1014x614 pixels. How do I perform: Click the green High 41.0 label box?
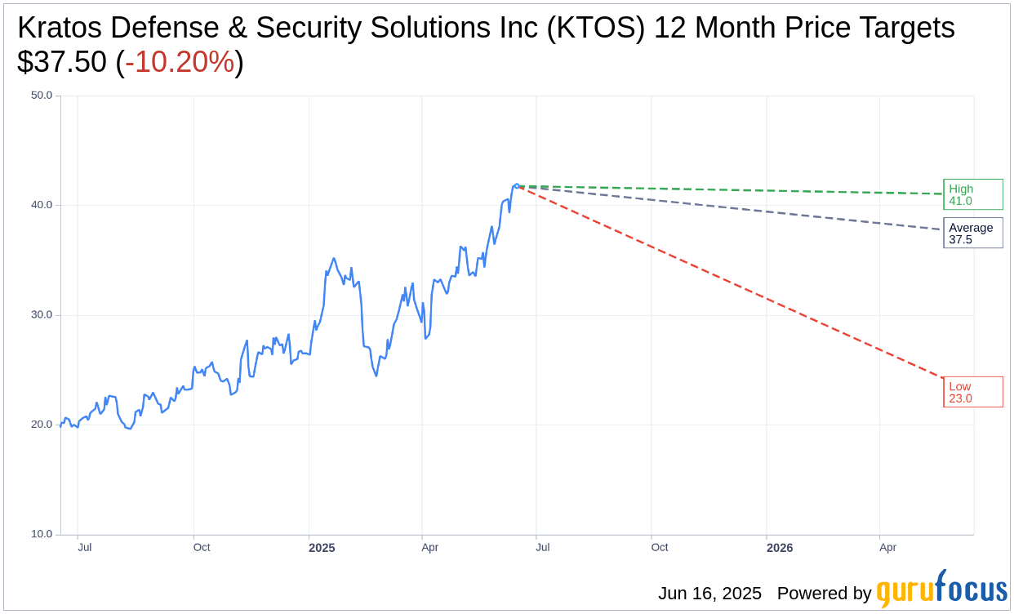[972, 194]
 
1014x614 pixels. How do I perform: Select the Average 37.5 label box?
[972, 234]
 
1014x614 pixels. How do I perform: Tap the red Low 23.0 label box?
[972, 392]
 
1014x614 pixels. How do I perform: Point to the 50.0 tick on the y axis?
[42, 96]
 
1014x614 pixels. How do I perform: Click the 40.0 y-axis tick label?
[42, 205]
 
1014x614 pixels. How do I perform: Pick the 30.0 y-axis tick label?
[42, 315]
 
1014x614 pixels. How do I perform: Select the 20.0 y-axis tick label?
[42, 425]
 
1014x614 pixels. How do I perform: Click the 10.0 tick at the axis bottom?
[42, 534]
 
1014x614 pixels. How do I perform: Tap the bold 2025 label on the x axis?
[322, 548]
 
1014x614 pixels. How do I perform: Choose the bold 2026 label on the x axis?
[780, 548]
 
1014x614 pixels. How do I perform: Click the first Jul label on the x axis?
[85, 547]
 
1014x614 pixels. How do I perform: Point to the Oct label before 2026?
[660, 547]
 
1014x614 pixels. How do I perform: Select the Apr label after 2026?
[887, 547]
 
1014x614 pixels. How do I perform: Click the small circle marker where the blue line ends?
[517, 186]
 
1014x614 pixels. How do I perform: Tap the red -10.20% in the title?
[180, 62]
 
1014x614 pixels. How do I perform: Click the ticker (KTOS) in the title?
[595, 28]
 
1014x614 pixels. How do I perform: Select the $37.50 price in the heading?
[61, 62]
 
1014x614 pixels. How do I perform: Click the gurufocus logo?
[941, 590]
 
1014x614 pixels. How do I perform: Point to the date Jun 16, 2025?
[709, 594]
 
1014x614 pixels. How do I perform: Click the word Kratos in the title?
[60, 28]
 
